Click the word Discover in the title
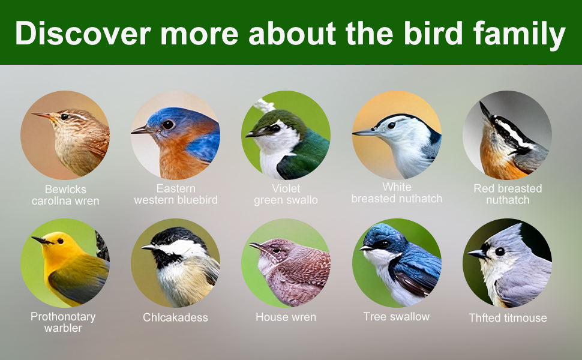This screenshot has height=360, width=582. [83, 33]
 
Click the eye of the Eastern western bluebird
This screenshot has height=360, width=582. [168, 125]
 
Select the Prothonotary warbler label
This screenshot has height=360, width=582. [63, 322]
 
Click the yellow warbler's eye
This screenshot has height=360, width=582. [60, 241]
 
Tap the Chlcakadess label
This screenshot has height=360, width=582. [175, 317]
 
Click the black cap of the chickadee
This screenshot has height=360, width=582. [178, 234]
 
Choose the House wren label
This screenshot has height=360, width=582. [286, 317]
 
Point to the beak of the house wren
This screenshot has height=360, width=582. [256, 246]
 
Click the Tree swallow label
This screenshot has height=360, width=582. [397, 317]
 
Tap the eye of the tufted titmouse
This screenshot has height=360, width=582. [500, 251]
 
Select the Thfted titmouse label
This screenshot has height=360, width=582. [508, 317]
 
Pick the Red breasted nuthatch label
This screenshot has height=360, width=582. [508, 194]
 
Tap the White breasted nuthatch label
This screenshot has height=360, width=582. [397, 193]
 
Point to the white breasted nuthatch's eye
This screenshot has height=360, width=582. [391, 125]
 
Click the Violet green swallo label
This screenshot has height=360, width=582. [286, 194]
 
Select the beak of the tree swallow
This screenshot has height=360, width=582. [366, 248]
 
